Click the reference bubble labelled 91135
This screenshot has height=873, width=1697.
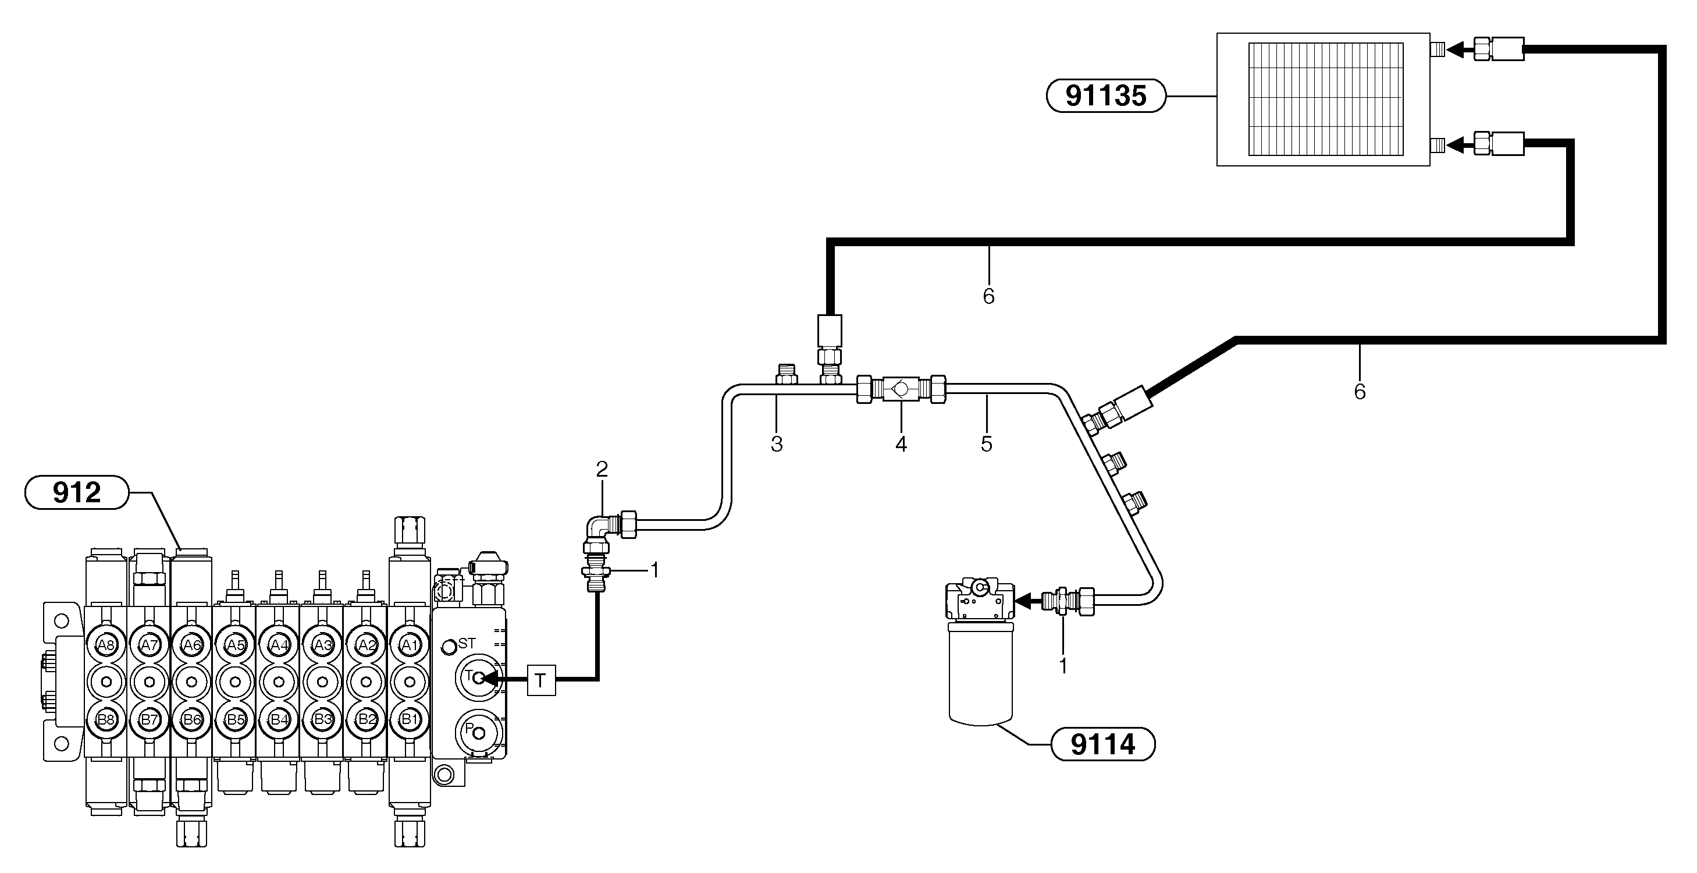[1105, 96]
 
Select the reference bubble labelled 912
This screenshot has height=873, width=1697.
[77, 492]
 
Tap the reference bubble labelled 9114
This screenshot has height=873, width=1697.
[1103, 744]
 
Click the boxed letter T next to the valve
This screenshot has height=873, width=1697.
[541, 680]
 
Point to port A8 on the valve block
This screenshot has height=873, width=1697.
[105, 644]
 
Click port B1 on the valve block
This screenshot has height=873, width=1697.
[410, 719]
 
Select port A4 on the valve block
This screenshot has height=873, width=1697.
[279, 644]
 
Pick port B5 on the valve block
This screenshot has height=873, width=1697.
[235, 719]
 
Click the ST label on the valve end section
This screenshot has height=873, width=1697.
[467, 643]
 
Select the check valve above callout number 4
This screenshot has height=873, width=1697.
[901, 389]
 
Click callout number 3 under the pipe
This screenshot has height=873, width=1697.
[777, 445]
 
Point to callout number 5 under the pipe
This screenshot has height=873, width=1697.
[986, 445]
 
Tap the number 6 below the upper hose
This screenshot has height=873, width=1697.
[988, 296]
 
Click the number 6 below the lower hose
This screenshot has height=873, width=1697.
[1360, 392]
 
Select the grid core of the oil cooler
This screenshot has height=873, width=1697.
[1325, 100]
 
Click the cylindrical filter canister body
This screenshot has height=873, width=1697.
[980, 672]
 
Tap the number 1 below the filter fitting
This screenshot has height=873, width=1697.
[1063, 666]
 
